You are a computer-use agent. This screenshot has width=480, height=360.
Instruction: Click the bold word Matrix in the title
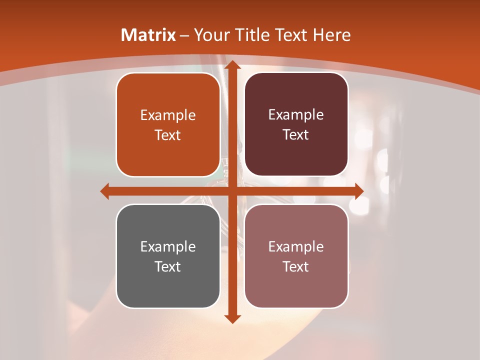tap(148, 35)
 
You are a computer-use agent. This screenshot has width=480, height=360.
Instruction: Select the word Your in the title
tap(210, 35)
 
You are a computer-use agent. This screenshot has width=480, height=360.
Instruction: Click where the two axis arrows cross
tap(232, 191)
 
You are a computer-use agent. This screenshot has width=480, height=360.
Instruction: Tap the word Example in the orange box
tap(168, 115)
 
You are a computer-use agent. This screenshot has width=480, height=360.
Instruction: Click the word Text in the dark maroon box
tap(296, 135)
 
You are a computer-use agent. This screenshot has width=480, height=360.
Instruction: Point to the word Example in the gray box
tap(168, 246)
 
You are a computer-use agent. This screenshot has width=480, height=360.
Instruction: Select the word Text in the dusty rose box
tap(296, 266)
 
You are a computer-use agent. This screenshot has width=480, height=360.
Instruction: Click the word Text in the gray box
tap(168, 266)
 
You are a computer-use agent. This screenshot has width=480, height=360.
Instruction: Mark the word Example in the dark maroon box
tap(296, 115)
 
